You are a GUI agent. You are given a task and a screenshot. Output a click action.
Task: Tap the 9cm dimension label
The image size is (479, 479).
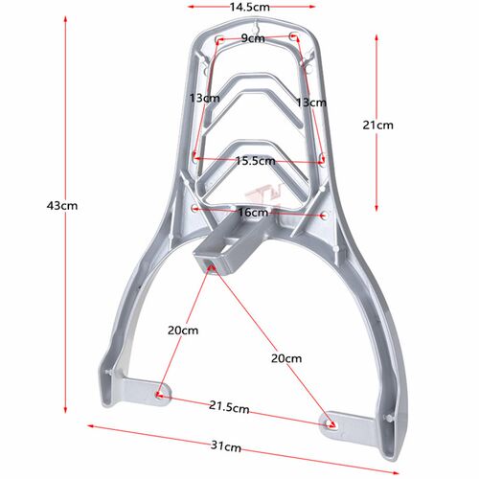coord(253,38)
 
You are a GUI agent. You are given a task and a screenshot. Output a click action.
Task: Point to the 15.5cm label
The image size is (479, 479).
coord(256,161)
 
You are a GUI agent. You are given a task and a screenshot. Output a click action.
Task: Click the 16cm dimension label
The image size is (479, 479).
coord(253,212)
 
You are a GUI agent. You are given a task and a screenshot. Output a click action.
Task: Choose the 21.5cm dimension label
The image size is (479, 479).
coord(229,407)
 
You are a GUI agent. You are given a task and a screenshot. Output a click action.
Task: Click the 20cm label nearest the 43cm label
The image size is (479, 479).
coord(182,331)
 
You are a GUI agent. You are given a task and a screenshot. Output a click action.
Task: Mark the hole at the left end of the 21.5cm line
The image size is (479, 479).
coord(160,393)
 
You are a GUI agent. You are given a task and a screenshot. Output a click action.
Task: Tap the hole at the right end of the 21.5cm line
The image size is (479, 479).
coord(332,421)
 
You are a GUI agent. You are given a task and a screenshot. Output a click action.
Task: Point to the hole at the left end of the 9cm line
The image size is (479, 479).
coord(220,40)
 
